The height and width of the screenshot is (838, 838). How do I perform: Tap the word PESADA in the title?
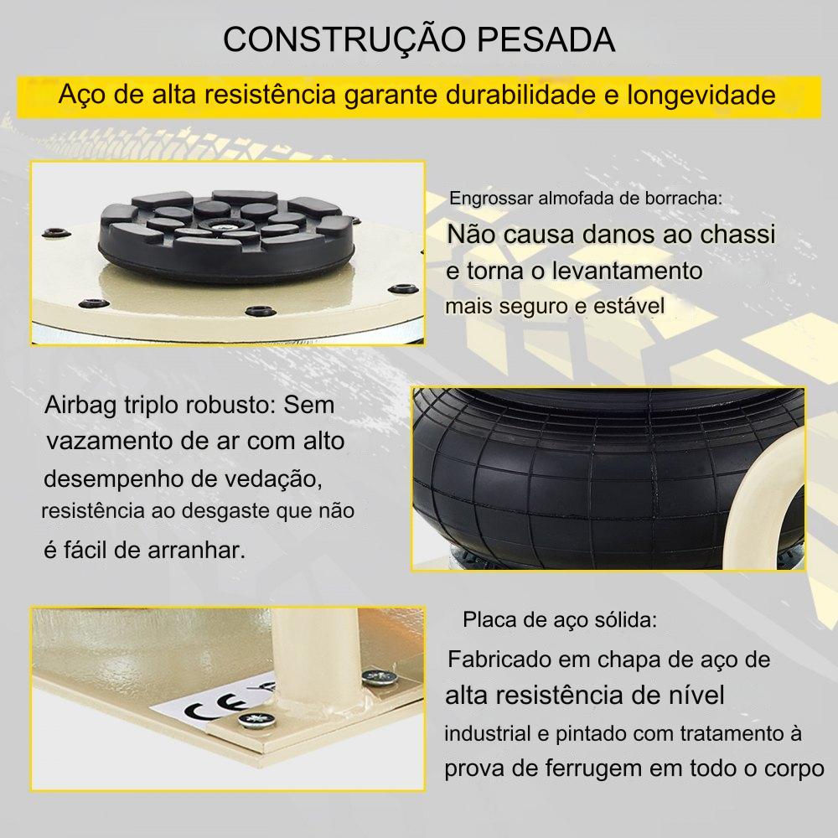[546, 39]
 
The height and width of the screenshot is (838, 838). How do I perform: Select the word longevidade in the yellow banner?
[701, 96]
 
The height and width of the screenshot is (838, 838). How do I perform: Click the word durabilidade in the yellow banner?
[520, 96]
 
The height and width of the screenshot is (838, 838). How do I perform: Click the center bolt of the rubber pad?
[220, 226]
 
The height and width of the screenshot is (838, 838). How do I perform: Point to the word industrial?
[488, 733]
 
